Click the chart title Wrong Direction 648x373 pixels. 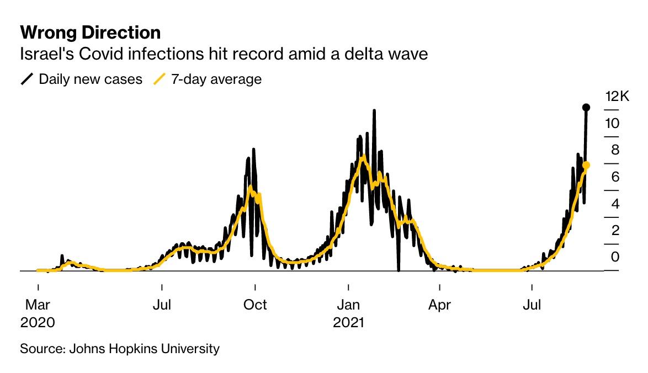click(x=91, y=33)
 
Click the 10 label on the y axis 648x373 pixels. click(x=612, y=124)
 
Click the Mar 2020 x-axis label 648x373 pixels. click(x=38, y=312)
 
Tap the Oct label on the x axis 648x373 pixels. click(x=255, y=305)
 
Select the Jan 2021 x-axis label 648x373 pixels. click(x=348, y=312)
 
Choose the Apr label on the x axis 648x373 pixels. click(x=439, y=305)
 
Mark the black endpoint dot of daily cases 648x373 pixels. click(x=586, y=107)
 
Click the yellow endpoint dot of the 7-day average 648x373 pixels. click(x=586, y=165)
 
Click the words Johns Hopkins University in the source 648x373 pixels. click(x=144, y=349)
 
